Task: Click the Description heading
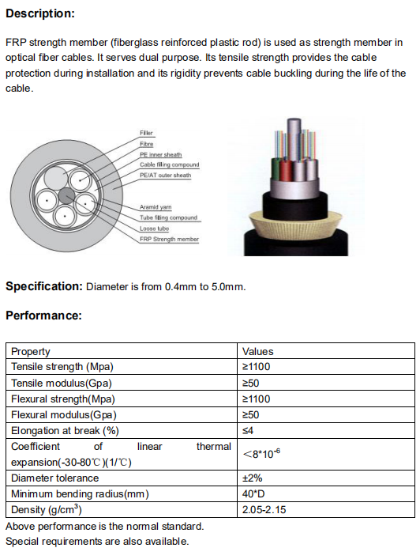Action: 40,13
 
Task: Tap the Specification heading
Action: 44,286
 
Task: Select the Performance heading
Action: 43,316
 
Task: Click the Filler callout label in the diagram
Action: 146,133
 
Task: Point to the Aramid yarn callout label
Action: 156,207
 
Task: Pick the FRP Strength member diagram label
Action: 169,239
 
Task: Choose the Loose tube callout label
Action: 154,229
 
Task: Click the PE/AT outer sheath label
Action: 165,175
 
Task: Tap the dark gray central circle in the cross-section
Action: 66,196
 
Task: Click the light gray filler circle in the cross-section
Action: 55,178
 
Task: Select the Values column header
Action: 258,351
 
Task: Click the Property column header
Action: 31,352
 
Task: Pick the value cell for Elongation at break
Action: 248,430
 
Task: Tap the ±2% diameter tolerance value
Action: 252,478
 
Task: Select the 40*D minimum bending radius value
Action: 253,493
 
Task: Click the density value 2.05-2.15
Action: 264,509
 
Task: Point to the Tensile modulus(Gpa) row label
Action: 62,384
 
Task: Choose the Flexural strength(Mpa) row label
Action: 63,399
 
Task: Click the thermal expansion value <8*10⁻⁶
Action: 261,454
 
